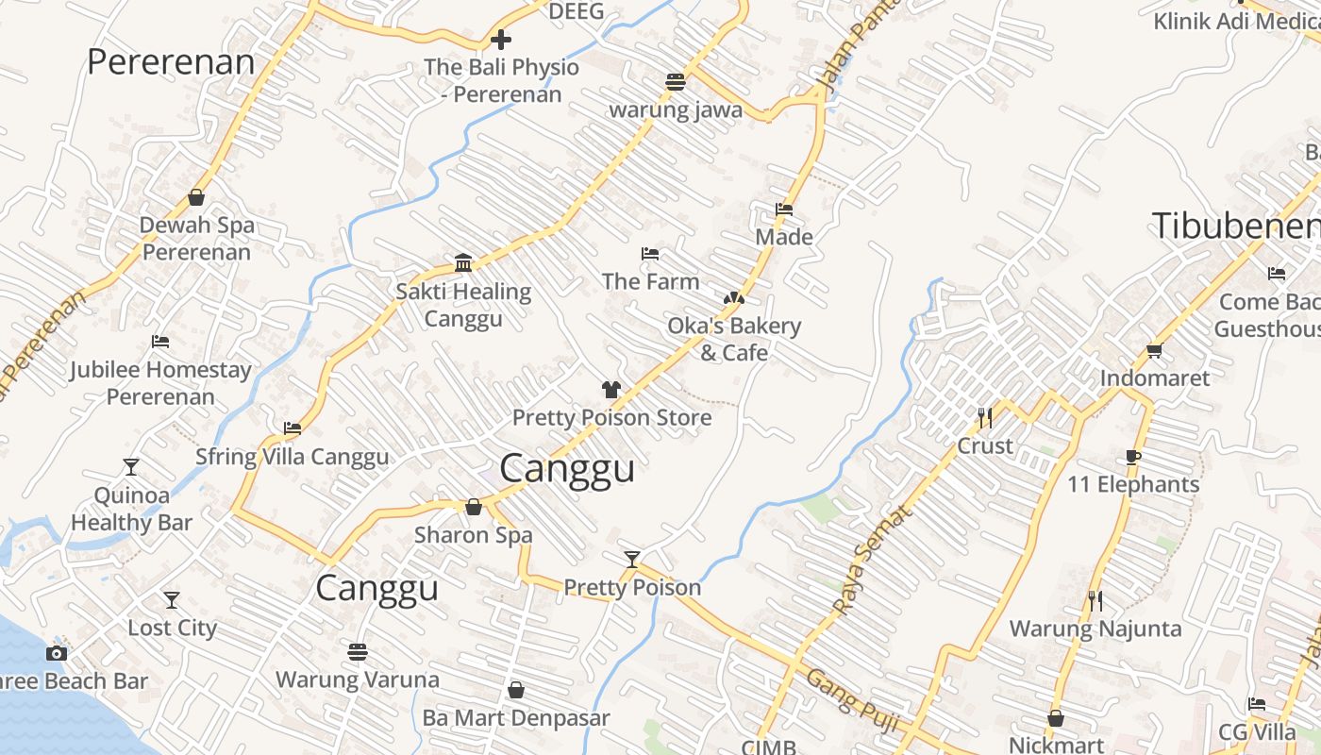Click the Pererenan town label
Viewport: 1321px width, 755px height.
coord(171,62)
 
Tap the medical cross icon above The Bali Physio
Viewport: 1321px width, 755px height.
coord(501,40)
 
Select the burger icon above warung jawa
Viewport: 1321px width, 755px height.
coord(675,82)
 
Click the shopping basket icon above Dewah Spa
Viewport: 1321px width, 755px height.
coord(196,197)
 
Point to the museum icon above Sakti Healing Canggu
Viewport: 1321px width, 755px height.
coord(462,262)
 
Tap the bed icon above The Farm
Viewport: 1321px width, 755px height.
coord(649,254)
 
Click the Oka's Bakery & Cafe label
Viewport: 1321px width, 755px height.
coord(734,339)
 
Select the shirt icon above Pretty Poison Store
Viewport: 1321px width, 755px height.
coord(611,389)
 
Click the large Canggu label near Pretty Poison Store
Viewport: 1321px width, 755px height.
coord(567,468)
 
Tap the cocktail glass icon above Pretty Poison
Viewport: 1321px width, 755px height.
coord(632,560)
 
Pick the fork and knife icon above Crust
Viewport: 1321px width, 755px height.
coord(985,417)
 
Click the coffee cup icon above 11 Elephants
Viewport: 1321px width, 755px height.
coord(1133,458)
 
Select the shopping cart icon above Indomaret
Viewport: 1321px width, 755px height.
coord(1154,351)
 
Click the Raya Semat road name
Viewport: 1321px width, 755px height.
coord(874,560)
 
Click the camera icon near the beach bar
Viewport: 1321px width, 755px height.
coord(57,653)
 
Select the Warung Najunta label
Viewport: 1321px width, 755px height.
coord(1095,629)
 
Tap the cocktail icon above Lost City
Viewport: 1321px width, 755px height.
coord(172,600)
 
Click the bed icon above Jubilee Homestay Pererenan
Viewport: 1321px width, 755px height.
coord(160,342)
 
